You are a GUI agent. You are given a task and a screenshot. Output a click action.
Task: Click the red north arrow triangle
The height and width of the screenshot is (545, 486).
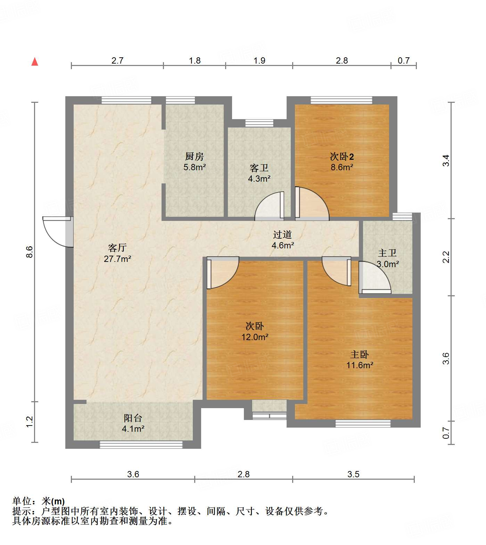click(35, 61)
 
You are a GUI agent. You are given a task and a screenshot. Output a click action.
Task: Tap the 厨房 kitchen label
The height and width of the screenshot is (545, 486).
click(195, 156)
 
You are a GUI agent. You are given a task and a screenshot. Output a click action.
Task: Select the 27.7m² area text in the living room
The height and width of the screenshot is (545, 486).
click(117, 259)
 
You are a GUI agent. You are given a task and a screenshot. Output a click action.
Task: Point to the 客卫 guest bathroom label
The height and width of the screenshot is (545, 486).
click(259, 168)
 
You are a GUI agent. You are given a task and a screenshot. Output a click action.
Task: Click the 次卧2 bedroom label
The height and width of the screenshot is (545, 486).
click(342, 156)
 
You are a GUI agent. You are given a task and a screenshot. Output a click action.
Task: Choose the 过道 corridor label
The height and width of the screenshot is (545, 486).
click(282, 234)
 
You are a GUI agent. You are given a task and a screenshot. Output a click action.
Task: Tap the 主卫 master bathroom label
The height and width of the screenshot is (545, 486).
click(387, 253)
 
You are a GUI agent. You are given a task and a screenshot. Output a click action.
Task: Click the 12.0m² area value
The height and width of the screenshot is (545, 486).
click(255, 337)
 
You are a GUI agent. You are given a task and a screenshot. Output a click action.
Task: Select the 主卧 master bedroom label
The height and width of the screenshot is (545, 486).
click(360, 354)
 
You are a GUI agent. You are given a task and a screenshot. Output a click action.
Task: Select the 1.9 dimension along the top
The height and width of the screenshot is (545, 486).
click(259, 60)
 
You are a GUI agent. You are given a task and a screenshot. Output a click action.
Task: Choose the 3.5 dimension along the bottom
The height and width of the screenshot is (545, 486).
click(353, 474)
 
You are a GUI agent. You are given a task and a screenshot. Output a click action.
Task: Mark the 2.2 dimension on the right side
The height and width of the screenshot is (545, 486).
click(446, 257)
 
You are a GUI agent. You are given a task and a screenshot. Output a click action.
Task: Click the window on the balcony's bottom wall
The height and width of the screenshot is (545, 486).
click(141, 444)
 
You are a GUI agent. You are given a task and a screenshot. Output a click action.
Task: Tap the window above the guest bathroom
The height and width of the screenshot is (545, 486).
click(259, 123)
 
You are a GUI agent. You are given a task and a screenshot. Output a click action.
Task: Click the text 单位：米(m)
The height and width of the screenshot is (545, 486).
click(39, 501)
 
